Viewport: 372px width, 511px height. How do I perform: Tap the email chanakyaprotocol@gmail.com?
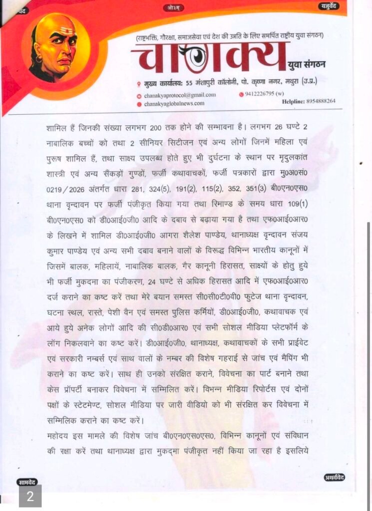click(180, 95)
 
